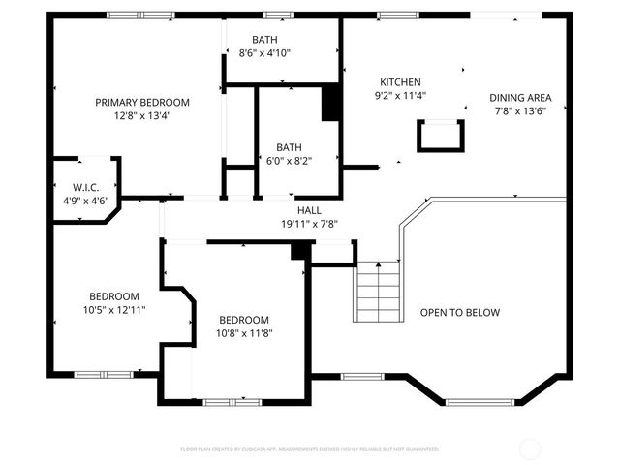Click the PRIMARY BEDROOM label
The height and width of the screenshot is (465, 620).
point(141,102)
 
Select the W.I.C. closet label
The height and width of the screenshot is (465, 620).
point(85,187)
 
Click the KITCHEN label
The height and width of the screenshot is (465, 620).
point(400,82)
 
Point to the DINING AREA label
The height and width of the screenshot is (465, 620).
point(520,97)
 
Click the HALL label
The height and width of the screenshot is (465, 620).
point(309,210)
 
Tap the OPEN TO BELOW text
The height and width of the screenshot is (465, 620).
point(459,312)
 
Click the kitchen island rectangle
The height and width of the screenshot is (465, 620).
point(441,136)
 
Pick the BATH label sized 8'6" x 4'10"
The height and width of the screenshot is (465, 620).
point(264,40)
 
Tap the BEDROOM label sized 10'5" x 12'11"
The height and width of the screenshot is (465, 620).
point(114,296)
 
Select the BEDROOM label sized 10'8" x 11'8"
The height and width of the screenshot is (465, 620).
point(243,320)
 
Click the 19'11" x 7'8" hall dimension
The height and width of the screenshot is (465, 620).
point(309,224)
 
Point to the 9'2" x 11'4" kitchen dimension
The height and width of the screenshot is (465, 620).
point(400,96)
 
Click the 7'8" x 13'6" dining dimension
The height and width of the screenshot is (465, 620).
point(520,110)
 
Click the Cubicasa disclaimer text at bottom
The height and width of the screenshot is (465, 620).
point(310,449)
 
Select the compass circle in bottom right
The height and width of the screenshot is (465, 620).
point(530,449)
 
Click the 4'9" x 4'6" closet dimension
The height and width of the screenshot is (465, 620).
point(85,201)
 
